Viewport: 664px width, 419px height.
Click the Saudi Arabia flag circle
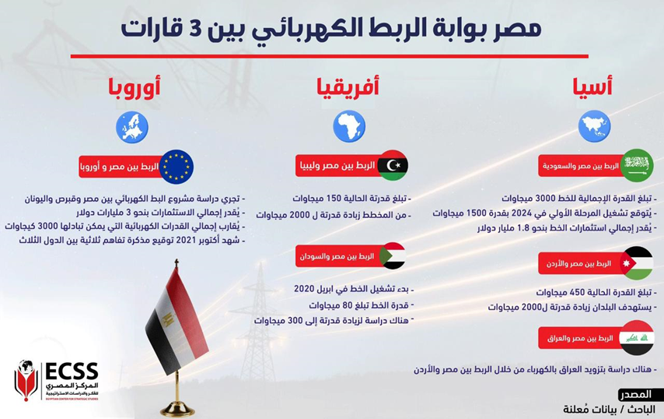coord(637,165)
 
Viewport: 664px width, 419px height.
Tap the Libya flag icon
coord(393,165)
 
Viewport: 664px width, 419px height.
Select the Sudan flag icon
coord(393,255)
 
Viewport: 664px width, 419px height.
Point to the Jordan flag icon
coord(637,263)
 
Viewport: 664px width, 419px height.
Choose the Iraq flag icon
coord(637,338)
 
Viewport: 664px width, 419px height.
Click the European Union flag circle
coord(176,167)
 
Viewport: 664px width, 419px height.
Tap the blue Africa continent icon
coord(349,126)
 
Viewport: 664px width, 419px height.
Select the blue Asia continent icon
coord(594,126)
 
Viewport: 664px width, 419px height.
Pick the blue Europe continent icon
coord(132,127)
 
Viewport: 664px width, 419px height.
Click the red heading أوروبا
coord(135,87)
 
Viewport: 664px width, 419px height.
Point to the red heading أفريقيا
coord(348,87)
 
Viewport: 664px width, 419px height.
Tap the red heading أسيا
coord(592,86)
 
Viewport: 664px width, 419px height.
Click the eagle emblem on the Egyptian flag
coord(168,317)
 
